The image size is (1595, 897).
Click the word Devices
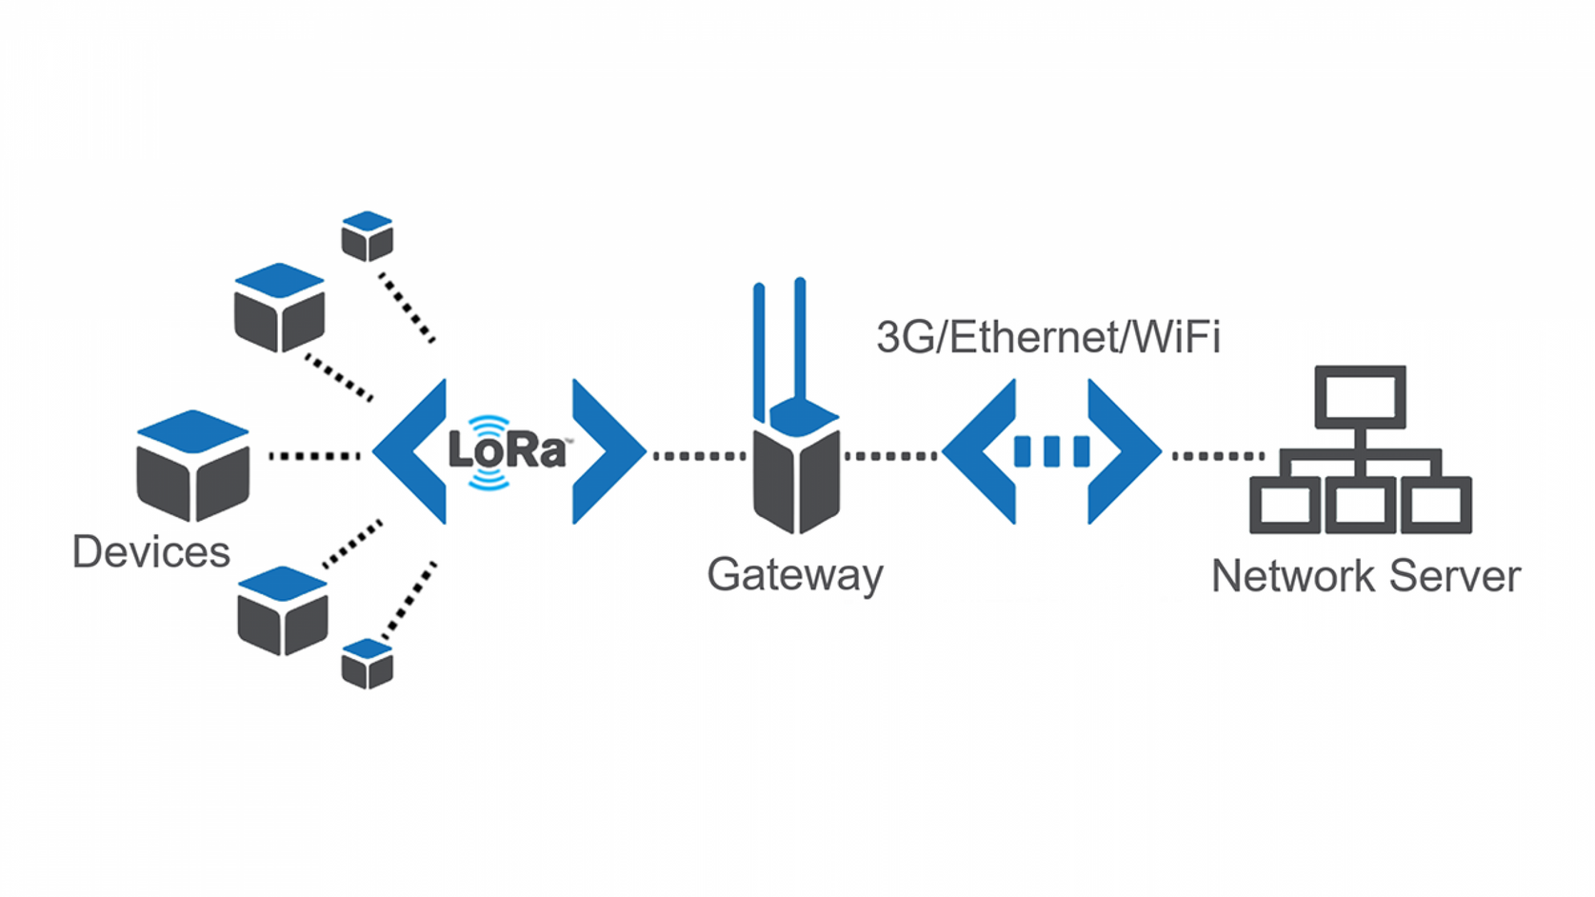click(150, 552)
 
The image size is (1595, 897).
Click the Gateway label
click(794, 574)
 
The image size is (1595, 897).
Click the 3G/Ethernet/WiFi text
click(1047, 337)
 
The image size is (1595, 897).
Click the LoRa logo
click(507, 450)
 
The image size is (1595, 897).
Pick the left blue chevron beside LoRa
click(411, 451)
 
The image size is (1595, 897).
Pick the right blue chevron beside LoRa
click(608, 451)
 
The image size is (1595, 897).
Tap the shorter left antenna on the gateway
click(759, 348)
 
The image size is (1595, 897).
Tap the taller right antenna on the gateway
click(800, 338)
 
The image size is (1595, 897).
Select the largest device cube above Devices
click(193, 466)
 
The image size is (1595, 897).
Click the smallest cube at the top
click(368, 236)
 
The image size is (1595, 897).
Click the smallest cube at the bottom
click(368, 664)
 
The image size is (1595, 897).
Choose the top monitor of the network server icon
click(1360, 396)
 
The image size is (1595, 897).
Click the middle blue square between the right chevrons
click(1052, 452)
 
